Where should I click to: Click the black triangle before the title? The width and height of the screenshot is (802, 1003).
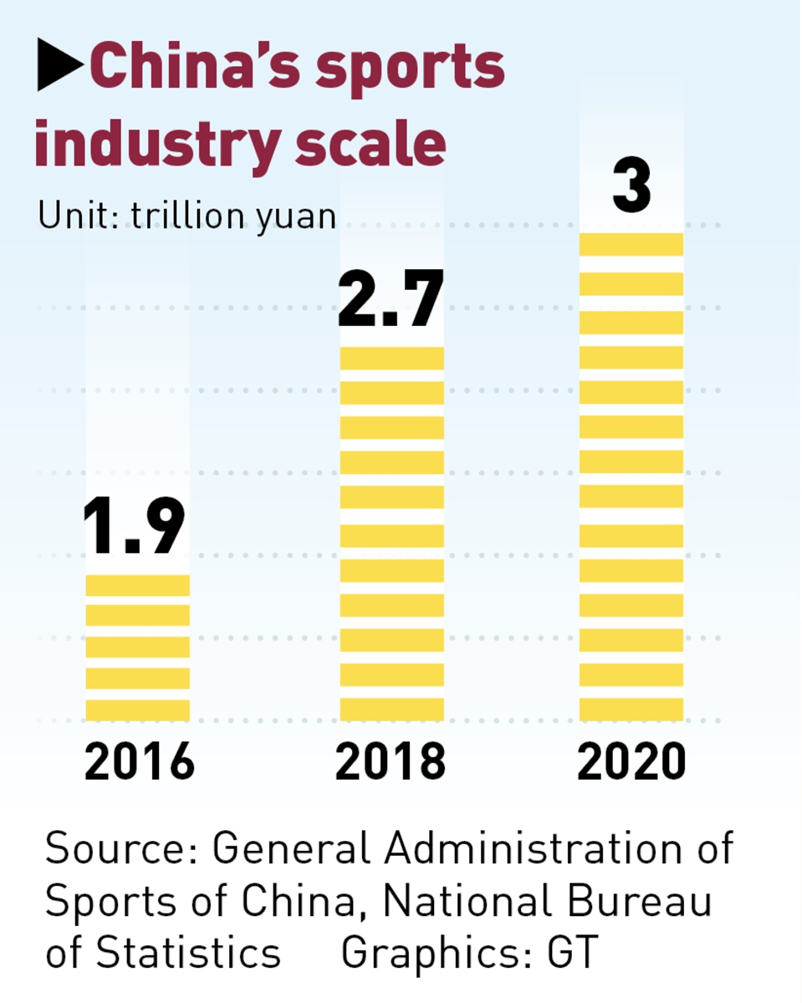(x=59, y=66)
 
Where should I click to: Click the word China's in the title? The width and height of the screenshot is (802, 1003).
(x=193, y=67)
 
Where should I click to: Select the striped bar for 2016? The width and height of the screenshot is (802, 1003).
(x=138, y=647)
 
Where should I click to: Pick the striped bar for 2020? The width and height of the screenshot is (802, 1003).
(x=631, y=476)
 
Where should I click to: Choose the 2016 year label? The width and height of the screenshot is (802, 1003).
(x=139, y=761)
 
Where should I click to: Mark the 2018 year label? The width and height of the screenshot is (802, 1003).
(x=391, y=761)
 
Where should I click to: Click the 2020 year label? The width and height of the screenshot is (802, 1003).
(x=631, y=761)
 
